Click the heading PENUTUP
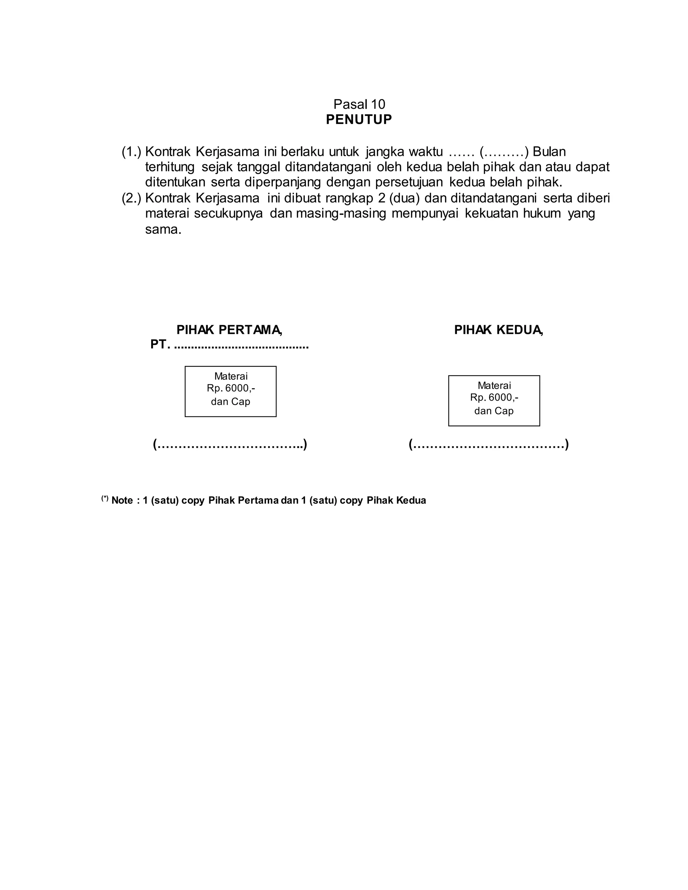pyautogui.click(x=359, y=120)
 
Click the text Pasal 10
pyautogui.click(x=359, y=104)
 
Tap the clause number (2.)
pyautogui.click(x=131, y=198)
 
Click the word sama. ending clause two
pyautogui.click(x=163, y=229)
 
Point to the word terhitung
pyautogui.click(x=170, y=167)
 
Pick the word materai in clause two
pyautogui.click(x=168, y=214)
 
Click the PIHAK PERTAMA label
pyautogui.click(x=229, y=330)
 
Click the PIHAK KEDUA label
pyautogui.click(x=499, y=330)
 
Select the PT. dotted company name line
pyautogui.click(x=229, y=345)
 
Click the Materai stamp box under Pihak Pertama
pyautogui.click(x=231, y=391)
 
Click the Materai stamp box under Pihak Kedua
pyautogui.click(x=494, y=401)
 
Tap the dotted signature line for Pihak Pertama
pyautogui.click(x=230, y=444)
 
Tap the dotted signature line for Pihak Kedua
pyautogui.click(x=489, y=444)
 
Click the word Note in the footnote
pyautogui.click(x=122, y=500)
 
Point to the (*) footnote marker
pyautogui.click(x=105, y=498)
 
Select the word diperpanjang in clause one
pyautogui.click(x=283, y=182)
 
